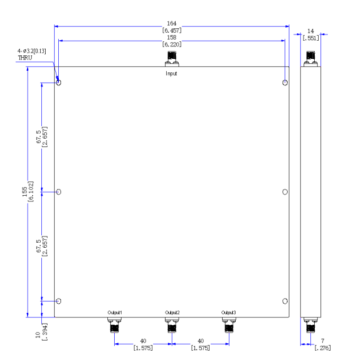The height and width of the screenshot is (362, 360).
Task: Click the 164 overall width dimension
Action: (172, 24)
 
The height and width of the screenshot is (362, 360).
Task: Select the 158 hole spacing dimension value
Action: (172, 38)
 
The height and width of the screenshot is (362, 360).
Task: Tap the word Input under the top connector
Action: (171, 74)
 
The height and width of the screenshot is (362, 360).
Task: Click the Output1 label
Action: (115, 313)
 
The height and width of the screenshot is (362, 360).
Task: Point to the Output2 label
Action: (172, 313)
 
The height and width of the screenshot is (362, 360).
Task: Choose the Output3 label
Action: (228, 313)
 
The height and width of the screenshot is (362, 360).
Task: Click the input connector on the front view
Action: (172, 59)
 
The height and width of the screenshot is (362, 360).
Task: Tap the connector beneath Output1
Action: (114, 325)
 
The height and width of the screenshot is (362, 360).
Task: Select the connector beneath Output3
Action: (229, 325)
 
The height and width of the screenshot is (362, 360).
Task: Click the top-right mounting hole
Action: (285, 83)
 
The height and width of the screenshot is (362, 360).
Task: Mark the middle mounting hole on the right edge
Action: (285, 192)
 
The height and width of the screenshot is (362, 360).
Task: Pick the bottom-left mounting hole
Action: (59, 301)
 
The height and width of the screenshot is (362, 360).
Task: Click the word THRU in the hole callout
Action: (25, 58)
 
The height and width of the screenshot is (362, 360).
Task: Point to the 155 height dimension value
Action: (25, 192)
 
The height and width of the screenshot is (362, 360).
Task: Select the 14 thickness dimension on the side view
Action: (311, 31)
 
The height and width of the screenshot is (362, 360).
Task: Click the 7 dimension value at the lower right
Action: (323, 341)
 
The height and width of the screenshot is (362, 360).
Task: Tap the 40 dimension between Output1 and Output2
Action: (143, 341)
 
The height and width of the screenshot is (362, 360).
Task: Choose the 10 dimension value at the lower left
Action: (38, 335)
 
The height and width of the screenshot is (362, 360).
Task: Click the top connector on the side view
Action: (311, 59)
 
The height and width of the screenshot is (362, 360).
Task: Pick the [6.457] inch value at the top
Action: (172, 31)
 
